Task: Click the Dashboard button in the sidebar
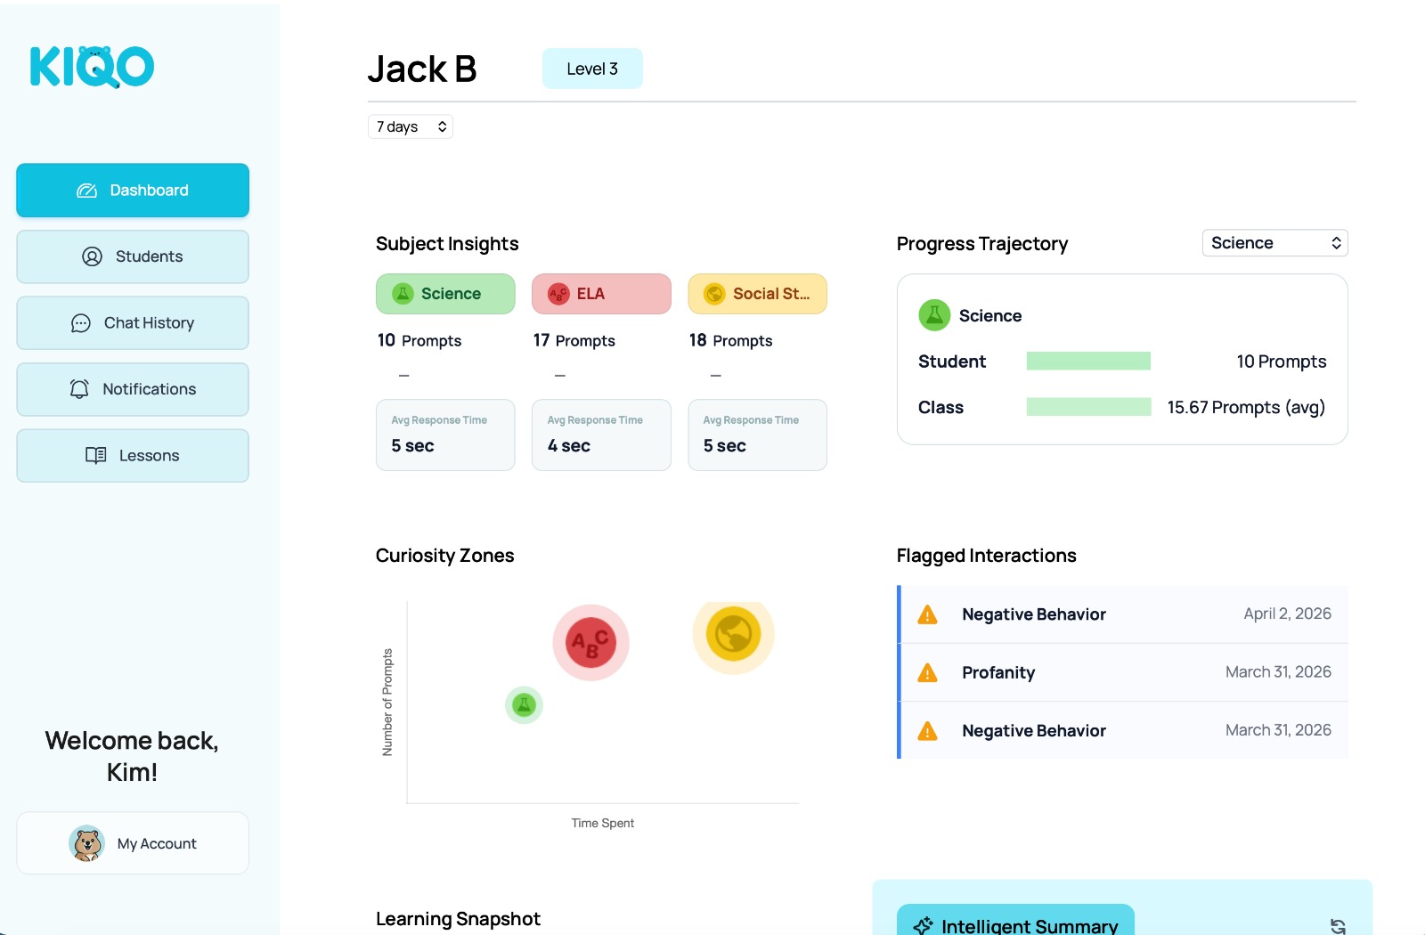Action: (133, 191)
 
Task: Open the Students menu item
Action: (133, 256)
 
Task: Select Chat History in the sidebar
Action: (133, 323)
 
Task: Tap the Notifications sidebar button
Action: (133, 389)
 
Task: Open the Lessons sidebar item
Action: (133, 456)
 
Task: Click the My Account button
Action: (133, 843)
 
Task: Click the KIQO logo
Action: (93, 67)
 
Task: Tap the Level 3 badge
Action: (592, 69)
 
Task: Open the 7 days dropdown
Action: (411, 126)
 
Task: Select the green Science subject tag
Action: (445, 294)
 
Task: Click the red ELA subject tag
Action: (601, 294)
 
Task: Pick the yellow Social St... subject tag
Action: (757, 294)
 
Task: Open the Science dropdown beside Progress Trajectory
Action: (1274, 243)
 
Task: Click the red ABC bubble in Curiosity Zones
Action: (590, 642)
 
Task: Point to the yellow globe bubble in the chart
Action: (733, 635)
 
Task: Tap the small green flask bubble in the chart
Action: (524, 705)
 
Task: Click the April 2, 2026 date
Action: (1287, 614)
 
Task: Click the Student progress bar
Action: (1088, 361)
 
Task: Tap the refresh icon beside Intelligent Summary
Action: (1338, 926)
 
